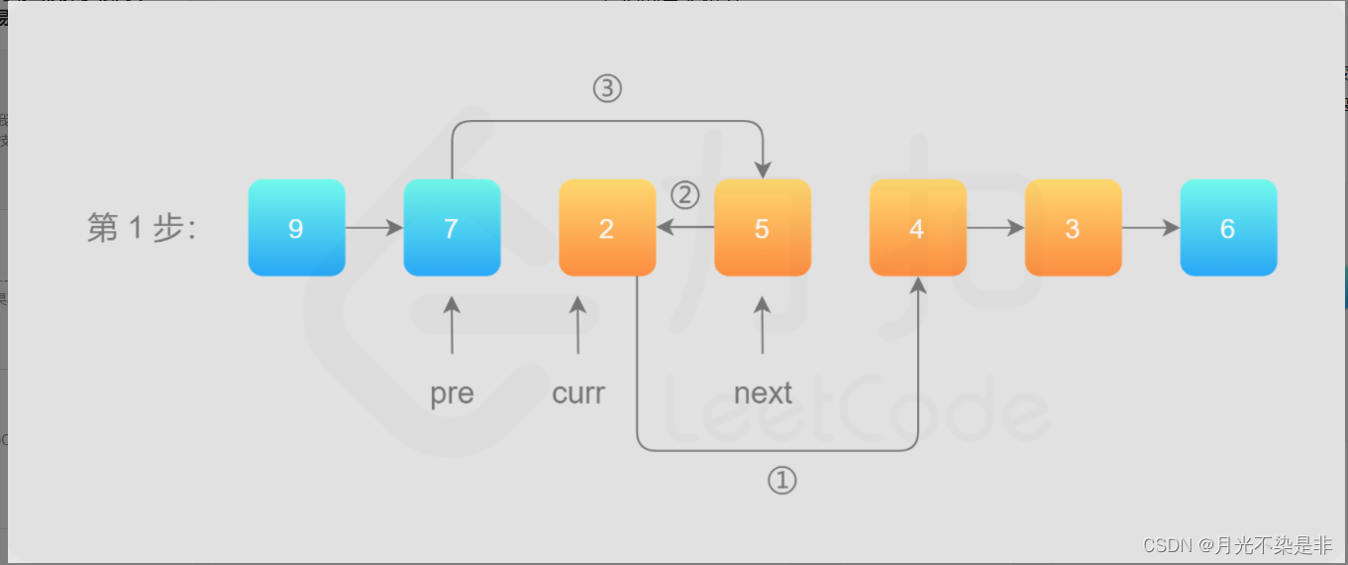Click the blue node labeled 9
coord(296,228)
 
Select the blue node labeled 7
coord(452,228)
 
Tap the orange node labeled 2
coord(607,228)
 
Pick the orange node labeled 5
coord(762,228)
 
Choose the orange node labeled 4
coord(917,228)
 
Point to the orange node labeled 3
coord(1073,228)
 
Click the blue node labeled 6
coord(1228,228)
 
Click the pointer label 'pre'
coord(452,394)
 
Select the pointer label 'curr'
coord(578,394)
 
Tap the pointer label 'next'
coord(763,394)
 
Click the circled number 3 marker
coord(607,89)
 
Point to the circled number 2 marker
coord(685,193)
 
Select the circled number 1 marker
coord(781,482)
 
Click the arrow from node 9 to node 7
coord(373,228)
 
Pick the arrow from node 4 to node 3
coord(995,228)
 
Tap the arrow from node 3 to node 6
coord(1151,228)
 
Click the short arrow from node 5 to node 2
coord(685,227)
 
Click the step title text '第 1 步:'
coord(142,229)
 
